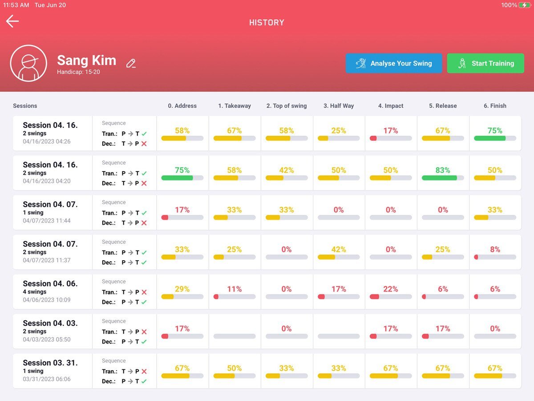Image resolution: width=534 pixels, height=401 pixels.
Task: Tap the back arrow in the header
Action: pyautogui.click(x=12, y=21)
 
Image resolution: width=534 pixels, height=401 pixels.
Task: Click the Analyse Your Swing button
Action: pyautogui.click(x=393, y=63)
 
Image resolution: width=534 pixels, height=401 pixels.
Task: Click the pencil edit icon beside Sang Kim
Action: pyautogui.click(x=131, y=63)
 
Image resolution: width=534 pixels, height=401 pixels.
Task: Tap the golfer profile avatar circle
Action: pyautogui.click(x=28, y=63)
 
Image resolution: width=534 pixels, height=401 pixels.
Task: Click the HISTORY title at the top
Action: pyautogui.click(x=267, y=23)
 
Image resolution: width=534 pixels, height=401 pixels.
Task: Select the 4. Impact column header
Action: pyautogui.click(x=391, y=106)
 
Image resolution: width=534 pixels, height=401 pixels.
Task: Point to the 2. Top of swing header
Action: pyautogui.click(x=287, y=106)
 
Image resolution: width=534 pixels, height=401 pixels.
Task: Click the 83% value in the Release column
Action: pyautogui.click(x=443, y=170)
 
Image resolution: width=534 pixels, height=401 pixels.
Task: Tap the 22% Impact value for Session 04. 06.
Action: pyautogui.click(x=391, y=289)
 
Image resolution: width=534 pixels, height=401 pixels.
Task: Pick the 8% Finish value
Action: pyautogui.click(x=495, y=250)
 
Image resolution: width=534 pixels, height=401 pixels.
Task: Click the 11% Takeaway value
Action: pyautogui.click(x=235, y=289)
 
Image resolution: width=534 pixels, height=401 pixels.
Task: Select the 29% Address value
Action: pyautogui.click(x=182, y=289)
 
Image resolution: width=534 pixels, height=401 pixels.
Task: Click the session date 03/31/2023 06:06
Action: pyautogui.click(x=47, y=379)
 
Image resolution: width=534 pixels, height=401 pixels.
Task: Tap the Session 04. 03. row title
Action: pyautogui.click(x=50, y=323)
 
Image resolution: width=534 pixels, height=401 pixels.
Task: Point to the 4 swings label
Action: pyautogui.click(x=35, y=292)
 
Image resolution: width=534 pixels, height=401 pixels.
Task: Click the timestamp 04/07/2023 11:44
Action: pyautogui.click(x=47, y=221)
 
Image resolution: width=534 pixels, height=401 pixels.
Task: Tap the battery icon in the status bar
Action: pyautogui.click(x=525, y=5)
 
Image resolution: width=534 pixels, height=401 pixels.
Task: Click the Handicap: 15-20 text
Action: pyautogui.click(x=78, y=72)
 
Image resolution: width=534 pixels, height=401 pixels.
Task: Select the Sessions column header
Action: pyautogui.click(x=25, y=106)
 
